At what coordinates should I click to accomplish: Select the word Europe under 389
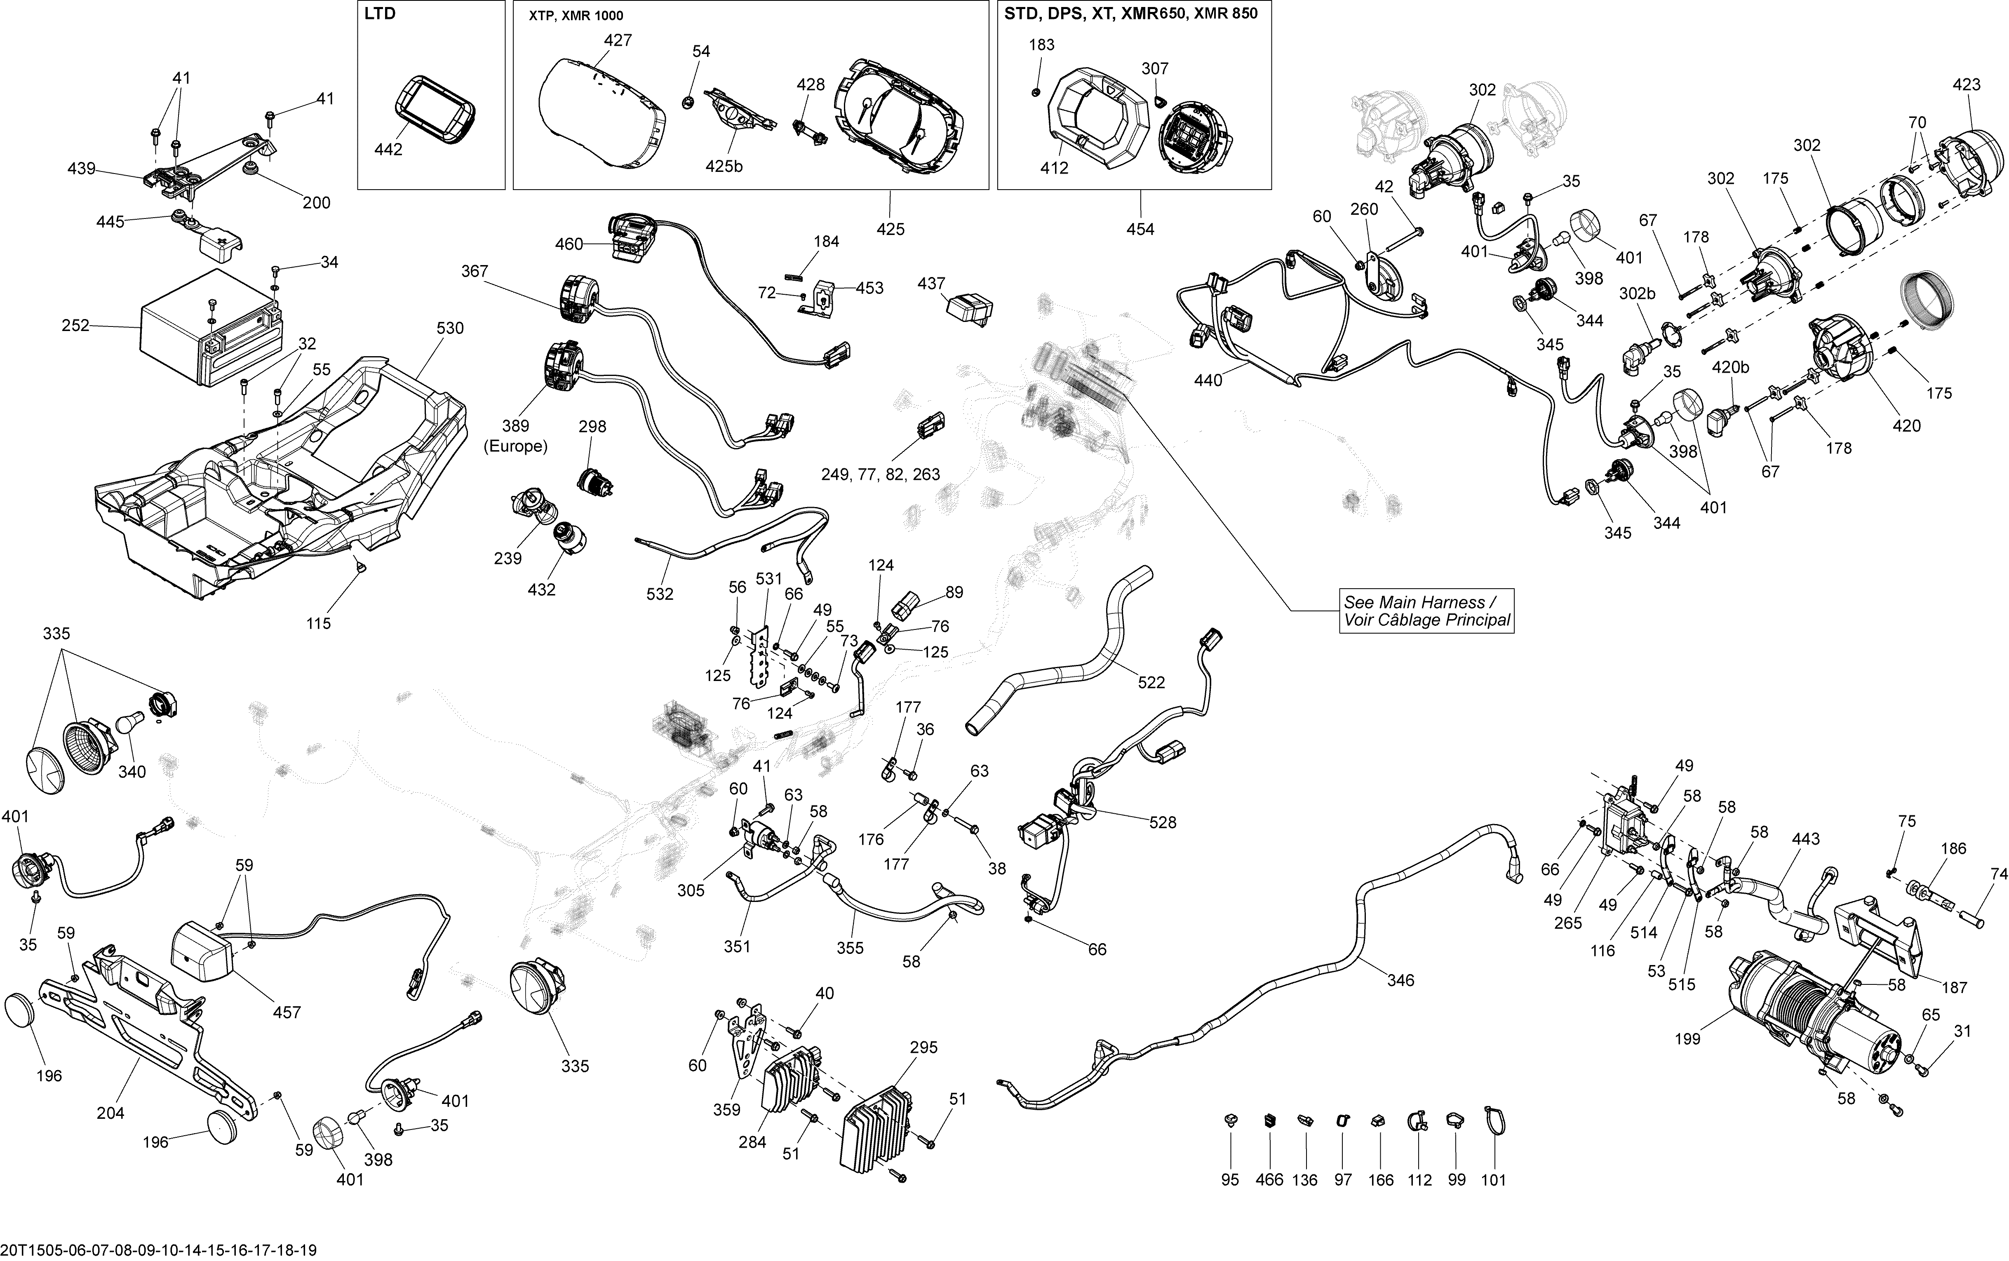pos(515,446)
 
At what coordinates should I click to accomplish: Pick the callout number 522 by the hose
pos(1152,682)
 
